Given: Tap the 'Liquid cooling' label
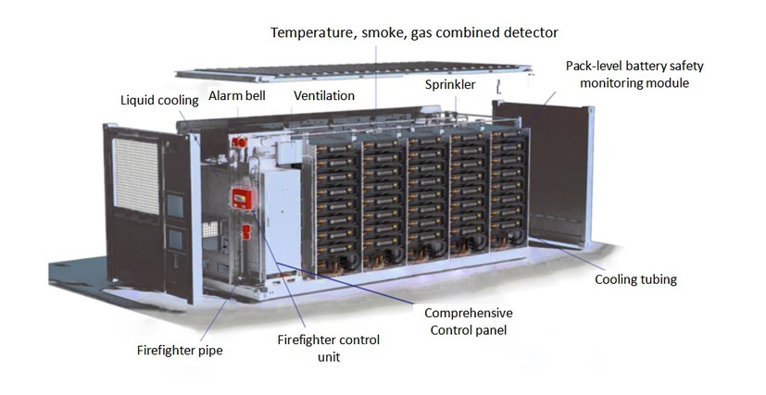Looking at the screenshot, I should click(x=158, y=99).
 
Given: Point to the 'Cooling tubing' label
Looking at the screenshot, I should click(x=634, y=279).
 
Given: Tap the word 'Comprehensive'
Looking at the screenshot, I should click(x=469, y=313).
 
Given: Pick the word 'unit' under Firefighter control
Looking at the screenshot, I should click(x=328, y=357).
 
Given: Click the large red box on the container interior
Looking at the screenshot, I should click(x=242, y=201).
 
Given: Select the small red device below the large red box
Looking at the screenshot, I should click(x=245, y=229).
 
